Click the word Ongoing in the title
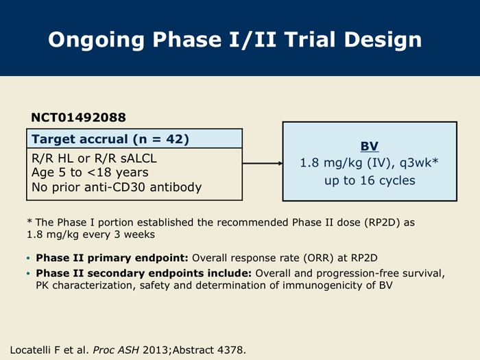96,40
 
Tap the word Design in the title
383,40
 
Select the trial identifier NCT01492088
78,117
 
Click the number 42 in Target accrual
173,139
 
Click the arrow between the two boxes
263,163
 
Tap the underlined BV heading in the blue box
370,146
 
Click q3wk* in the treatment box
419,163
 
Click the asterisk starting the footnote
29,221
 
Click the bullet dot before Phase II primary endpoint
29,259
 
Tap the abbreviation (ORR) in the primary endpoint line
318,258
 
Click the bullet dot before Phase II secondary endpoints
29,274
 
